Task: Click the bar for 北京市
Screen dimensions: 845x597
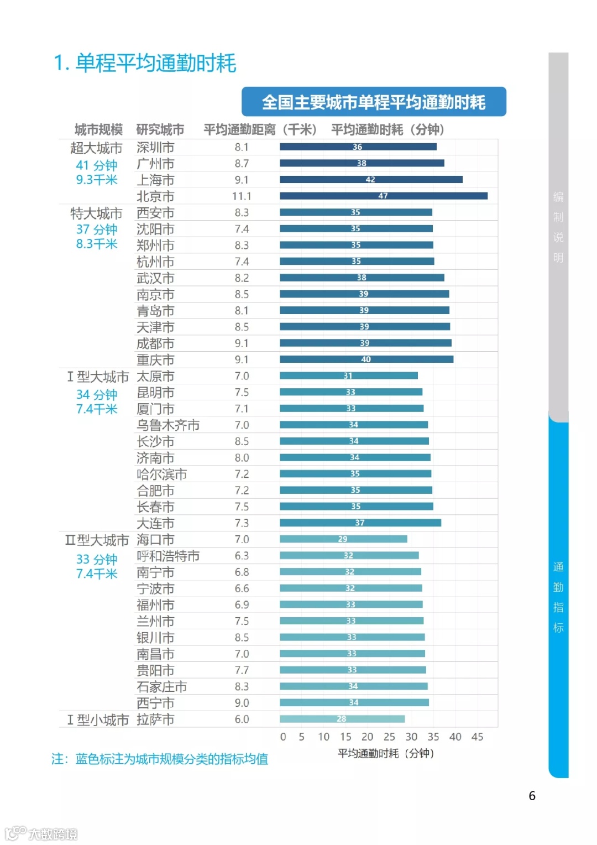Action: tap(383, 196)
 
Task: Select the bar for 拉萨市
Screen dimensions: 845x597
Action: tap(342, 719)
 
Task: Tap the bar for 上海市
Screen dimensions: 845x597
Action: tap(370, 180)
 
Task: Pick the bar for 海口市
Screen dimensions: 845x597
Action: tap(343, 539)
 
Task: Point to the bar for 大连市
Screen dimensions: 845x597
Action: tap(360, 523)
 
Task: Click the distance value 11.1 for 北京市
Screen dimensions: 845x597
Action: tap(242, 196)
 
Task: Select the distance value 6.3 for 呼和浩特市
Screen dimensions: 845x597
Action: tap(242, 556)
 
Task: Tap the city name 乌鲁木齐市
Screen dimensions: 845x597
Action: tap(168, 425)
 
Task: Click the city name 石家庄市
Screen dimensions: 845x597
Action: tap(161, 687)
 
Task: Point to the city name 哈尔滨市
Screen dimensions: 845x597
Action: tap(161, 474)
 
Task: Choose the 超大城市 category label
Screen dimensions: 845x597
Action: tap(96, 148)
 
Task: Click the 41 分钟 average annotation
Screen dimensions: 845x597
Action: tap(97, 165)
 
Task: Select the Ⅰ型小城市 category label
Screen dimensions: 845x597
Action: tap(98, 720)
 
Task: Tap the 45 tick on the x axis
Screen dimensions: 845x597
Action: tap(477, 737)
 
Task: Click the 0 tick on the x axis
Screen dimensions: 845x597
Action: tap(283, 737)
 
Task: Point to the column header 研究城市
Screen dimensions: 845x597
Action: tap(160, 130)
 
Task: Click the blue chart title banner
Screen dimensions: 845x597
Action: tap(374, 102)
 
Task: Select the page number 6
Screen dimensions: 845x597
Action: tap(532, 796)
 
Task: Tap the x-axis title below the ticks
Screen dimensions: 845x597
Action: tap(386, 753)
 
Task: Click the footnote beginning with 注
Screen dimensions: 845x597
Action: tap(160, 759)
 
